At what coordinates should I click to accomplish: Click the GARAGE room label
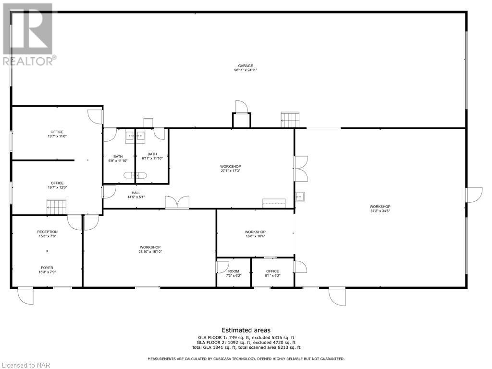point(245,66)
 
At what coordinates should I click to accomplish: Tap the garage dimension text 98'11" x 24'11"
point(245,70)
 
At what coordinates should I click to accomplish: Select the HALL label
point(136,193)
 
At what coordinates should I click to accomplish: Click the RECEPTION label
point(47,232)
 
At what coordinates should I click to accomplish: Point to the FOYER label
point(47,268)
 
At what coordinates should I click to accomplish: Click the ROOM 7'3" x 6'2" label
point(234,271)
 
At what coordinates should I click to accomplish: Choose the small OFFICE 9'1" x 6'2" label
point(272,271)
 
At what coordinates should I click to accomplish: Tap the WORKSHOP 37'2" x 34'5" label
point(380,207)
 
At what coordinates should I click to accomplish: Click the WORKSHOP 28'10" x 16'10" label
point(150,247)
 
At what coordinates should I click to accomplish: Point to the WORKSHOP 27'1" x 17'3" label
point(230,166)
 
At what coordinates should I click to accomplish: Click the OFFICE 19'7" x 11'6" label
point(57,132)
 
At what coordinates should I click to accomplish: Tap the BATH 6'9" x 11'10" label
point(118,156)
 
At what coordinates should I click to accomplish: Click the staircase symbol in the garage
point(290,120)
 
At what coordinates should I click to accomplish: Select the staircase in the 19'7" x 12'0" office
point(55,208)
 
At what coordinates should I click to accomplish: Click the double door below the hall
point(177,202)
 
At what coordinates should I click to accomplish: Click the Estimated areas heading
point(246,330)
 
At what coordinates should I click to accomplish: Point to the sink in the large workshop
point(300,196)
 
